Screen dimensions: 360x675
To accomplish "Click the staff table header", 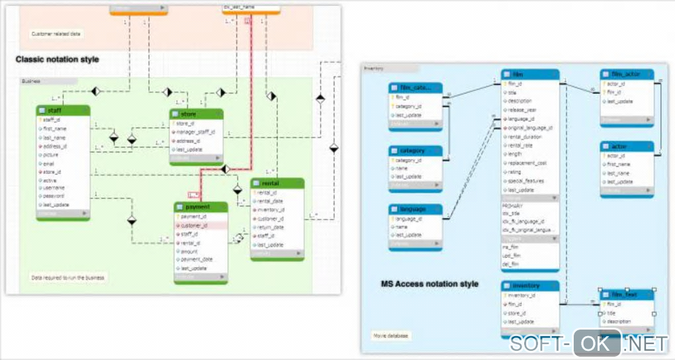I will click(63, 111).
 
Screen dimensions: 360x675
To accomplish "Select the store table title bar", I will click(197, 114).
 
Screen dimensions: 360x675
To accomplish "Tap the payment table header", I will click(201, 207).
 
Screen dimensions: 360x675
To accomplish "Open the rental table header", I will click(277, 183).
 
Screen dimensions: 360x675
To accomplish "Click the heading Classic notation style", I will click(58, 60).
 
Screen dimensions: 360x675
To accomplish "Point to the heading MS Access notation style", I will click(429, 284).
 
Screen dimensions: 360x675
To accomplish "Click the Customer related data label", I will click(58, 33).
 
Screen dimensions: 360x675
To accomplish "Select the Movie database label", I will click(390, 336).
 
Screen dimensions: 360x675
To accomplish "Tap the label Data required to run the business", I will click(68, 278).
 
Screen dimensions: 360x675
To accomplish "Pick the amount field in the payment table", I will click(190, 251).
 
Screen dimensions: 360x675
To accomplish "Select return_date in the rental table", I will click(271, 227).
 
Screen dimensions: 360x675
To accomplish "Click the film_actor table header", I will click(627, 74).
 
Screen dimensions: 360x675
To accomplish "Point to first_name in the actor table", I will click(621, 165).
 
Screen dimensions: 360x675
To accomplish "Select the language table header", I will click(415, 209).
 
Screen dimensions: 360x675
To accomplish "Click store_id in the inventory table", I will click(517, 314).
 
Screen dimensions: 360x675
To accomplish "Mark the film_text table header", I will click(627, 294).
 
